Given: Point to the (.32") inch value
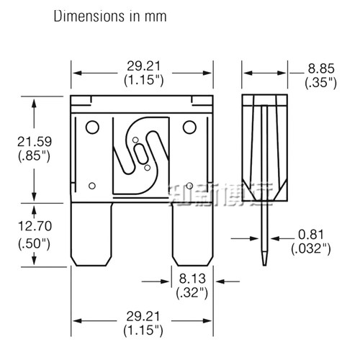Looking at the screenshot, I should [190, 292].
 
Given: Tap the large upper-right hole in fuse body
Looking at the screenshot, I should [189, 127].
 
